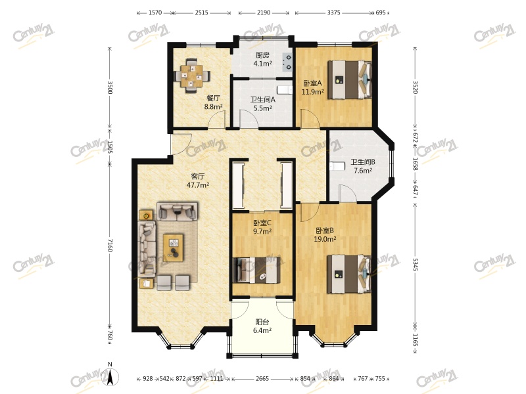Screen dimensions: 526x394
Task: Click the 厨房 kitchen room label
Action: coord(262,55)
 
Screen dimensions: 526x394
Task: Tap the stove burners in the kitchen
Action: coord(288,62)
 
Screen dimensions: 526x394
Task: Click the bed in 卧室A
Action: coord(350,79)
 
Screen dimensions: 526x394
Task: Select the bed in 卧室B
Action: coord(350,274)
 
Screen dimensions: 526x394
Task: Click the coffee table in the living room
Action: coord(173,248)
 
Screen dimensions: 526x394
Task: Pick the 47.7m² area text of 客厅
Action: coord(198,185)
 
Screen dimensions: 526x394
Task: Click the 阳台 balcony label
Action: coord(262,322)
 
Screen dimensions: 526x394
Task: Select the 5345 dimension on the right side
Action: coord(416,264)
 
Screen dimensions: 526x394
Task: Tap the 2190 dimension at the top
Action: coord(264,12)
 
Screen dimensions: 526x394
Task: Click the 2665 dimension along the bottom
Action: coord(262,379)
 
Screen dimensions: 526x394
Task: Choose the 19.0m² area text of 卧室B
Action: coord(325,239)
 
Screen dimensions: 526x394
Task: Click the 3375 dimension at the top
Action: coord(334,12)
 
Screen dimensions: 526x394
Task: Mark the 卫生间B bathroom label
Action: coord(363,162)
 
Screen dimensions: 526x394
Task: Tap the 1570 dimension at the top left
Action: coord(155,12)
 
